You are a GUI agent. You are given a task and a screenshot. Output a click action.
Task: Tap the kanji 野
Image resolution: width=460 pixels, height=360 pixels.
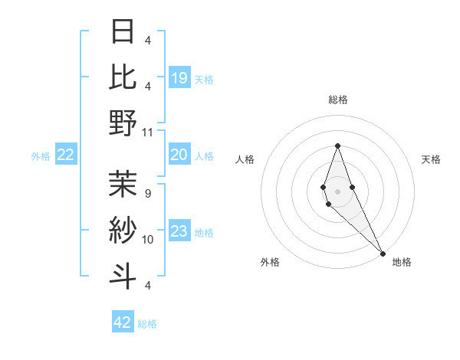coord(123,123)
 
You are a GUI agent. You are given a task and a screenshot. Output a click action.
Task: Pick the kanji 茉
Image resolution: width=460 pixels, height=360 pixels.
coord(123,183)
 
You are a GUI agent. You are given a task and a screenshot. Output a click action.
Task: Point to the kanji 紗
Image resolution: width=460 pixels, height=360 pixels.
coord(123,230)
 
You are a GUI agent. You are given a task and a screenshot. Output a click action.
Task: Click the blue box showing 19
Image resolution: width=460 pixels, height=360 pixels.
coord(179,77)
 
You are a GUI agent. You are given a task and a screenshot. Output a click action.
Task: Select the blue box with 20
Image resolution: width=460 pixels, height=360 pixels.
coord(179,155)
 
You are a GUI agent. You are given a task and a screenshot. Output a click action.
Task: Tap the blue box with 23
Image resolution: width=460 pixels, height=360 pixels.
coord(179,231)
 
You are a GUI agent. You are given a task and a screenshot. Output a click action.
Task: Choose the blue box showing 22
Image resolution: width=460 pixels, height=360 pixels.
coord(65,155)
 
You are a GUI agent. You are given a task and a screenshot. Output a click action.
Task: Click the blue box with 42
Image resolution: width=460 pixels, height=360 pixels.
coord(123,322)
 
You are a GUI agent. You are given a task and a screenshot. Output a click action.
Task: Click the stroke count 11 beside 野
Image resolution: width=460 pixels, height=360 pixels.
coord(148,132)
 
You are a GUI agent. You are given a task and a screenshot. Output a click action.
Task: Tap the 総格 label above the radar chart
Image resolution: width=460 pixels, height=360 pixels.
coord(337,100)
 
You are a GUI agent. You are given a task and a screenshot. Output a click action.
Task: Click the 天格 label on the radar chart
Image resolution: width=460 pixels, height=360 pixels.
coord(431,159)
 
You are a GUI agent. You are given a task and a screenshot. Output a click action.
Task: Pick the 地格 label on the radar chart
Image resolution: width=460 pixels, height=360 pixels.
coord(402,262)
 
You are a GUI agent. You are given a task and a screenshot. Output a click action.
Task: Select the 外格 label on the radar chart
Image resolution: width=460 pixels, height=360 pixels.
coord(270,262)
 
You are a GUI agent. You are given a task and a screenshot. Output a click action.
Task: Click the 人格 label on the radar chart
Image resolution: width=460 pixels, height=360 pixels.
coord(245,159)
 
